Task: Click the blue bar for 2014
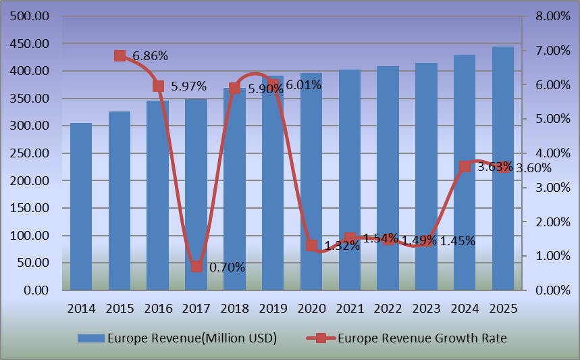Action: click(x=81, y=206)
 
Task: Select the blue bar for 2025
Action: click(x=503, y=169)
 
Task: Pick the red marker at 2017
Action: click(x=196, y=266)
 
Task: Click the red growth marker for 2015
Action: click(x=120, y=55)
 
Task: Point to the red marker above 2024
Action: click(x=465, y=166)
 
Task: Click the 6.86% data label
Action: click(x=151, y=56)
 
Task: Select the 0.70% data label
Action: click(x=227, y=267)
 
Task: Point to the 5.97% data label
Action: click(x=188, y=86)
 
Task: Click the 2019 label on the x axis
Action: click(x=273, y=308)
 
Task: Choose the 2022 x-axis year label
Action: click(x=388, y=308)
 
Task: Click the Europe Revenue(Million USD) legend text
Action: click(x=192, y=338)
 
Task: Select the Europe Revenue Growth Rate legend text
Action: click(x=422, y=338)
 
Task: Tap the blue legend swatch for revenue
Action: click(x=91, y=338)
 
